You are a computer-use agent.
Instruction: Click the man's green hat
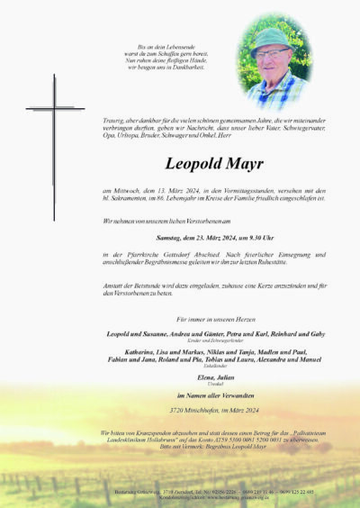point(270,39)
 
